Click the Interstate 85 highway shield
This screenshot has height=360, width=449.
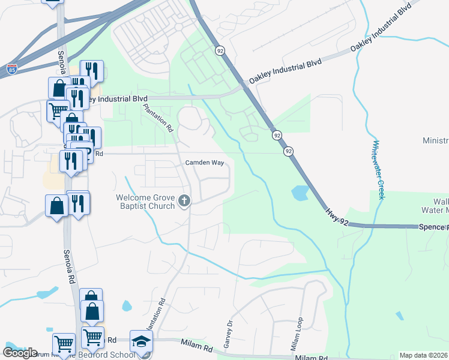(12, 68)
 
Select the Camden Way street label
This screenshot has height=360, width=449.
(204, 163)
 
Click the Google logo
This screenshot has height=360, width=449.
(20, 352)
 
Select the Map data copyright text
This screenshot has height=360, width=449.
(424, 355)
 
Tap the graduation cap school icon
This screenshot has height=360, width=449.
(142, 341)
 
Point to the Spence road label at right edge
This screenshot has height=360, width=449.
(435, 227)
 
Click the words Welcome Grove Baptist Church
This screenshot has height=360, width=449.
(146, 202)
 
